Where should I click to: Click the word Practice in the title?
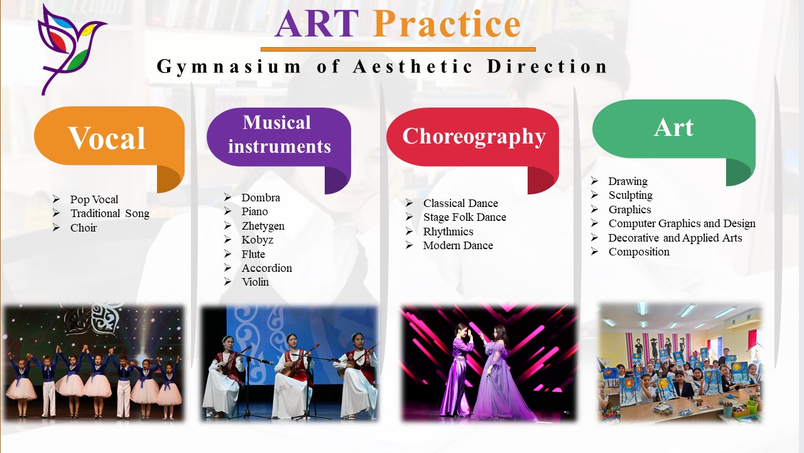click(x=446, y=23)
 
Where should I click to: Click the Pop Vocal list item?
click(x=94, y=199)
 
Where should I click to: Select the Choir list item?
click(x=84, y=228)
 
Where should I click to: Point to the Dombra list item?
click(x=261, y=198)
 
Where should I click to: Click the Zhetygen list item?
click(x=263, y=226)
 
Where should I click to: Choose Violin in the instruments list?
click(x=255, y=282)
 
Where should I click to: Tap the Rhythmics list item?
click(x=448, y=232)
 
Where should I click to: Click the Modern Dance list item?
click(x=458, y=245)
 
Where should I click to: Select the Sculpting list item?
click(x=630, y=195)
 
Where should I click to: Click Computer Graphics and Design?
click(x=682, y=223)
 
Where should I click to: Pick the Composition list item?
click(x=639, y=252)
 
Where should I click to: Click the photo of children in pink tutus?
click(x=94, y=362)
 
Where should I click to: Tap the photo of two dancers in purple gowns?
click(x=489, y=363)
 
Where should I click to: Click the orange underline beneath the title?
click(x=398, y=49)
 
